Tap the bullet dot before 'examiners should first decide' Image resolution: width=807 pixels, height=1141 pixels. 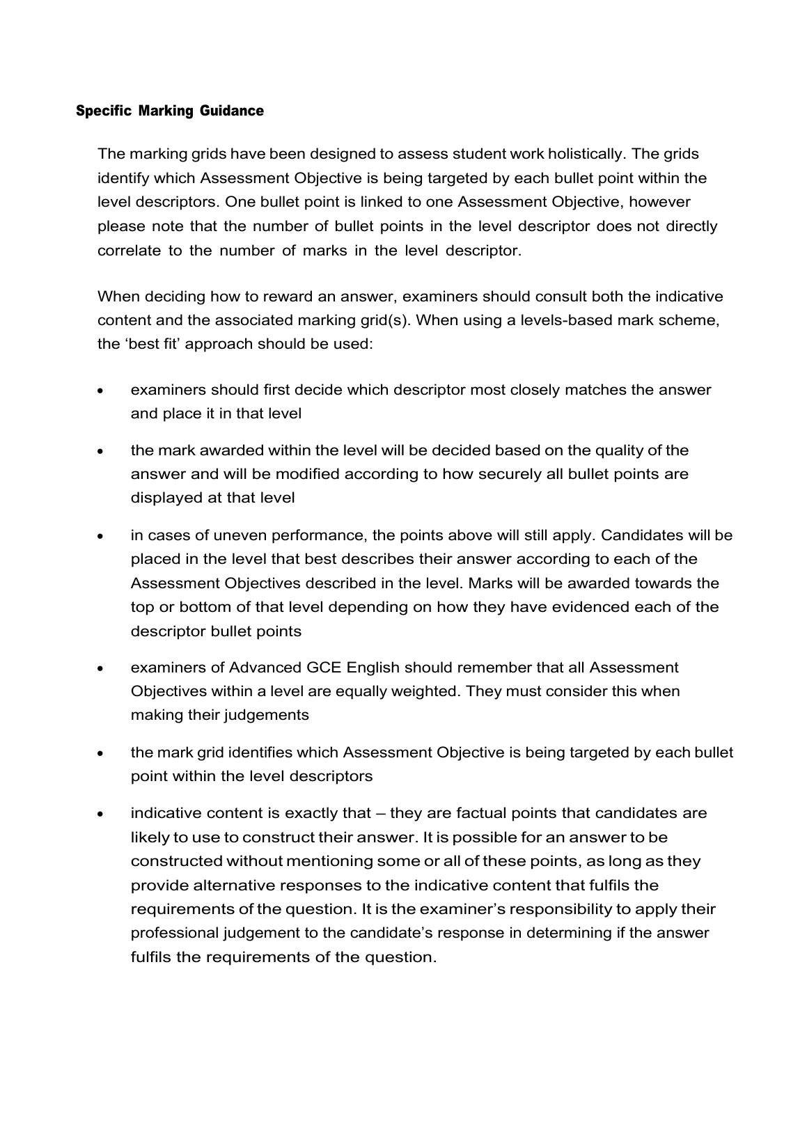click(x=101, y=391)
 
